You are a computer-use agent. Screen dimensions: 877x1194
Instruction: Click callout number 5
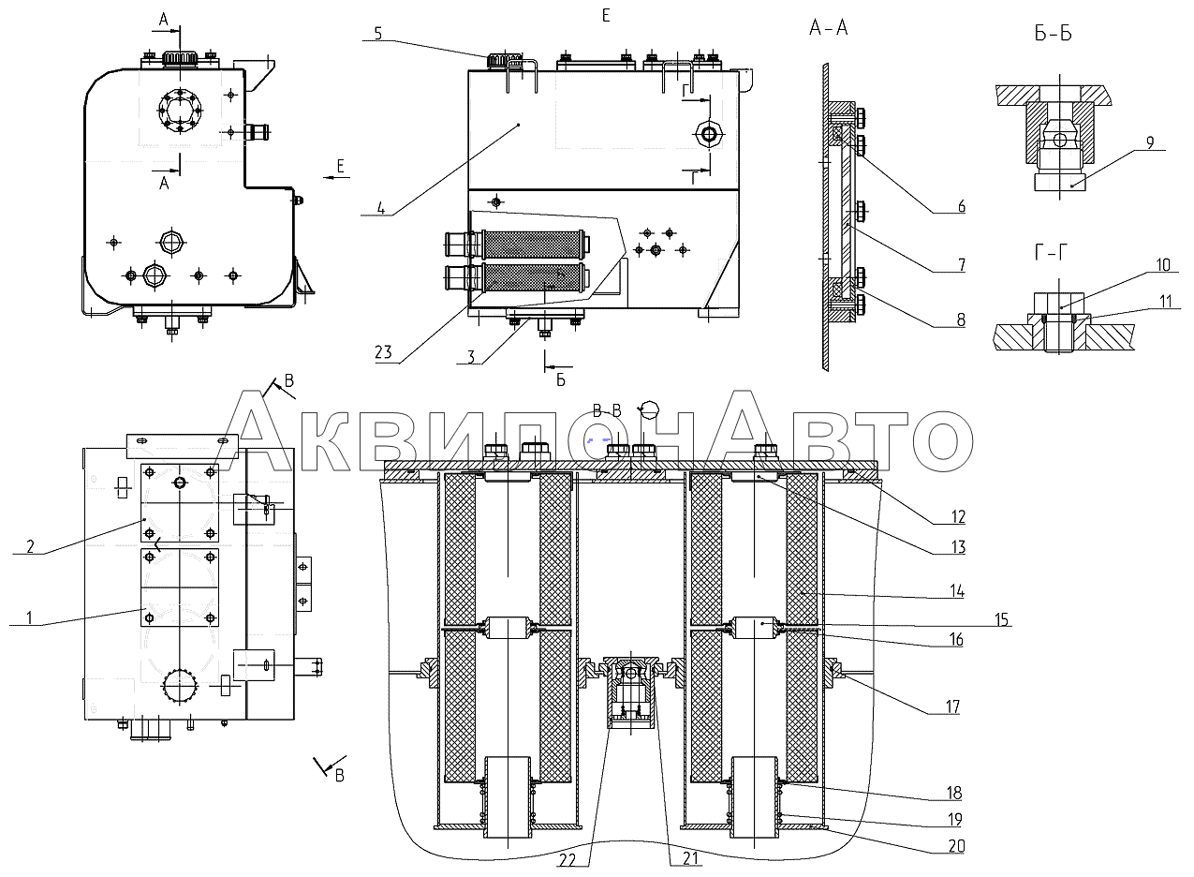377,34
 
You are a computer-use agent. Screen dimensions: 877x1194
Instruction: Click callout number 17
952,707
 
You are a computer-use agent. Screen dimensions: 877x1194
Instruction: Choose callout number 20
955,845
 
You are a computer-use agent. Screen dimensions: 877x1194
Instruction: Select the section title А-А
829,28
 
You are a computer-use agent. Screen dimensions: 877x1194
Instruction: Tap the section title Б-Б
1054,36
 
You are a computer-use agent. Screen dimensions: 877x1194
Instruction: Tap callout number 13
955,547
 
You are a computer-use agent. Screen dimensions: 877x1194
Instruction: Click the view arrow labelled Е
340,167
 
